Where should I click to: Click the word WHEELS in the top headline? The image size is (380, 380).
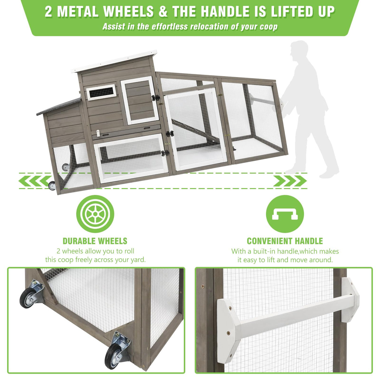[x=129, y=11]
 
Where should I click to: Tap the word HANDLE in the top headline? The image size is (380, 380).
[x=225, y=11]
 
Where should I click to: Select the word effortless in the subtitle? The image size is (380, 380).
[x=170, y=27]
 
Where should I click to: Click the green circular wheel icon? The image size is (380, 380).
[x=95, y=214]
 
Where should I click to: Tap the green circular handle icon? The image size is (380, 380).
[x=285, y=214]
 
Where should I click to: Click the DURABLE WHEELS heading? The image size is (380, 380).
[x=95, y=241]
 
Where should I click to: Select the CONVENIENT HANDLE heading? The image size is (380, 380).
[x=285, y=241]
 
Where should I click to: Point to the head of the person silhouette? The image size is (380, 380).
[x=299, y=50]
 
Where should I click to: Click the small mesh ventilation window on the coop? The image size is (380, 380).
[x=101, y=92]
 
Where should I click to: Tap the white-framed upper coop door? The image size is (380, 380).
[x=140, y=100]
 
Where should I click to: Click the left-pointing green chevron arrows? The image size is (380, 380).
[x=34, y=181]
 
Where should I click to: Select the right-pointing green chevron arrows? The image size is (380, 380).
[x=290, y=181]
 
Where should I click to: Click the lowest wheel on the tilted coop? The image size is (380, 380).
[x=52, y=186]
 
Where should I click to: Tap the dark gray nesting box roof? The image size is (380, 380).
[x=59, y=106]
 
